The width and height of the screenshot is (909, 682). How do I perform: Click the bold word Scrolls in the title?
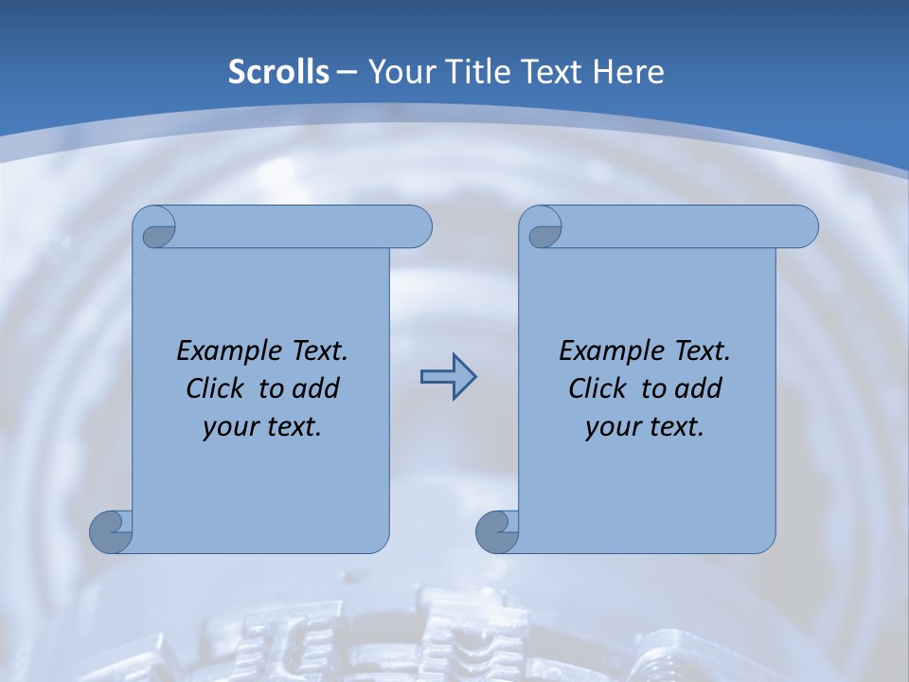(x=279, y=72)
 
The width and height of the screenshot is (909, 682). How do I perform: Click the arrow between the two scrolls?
(x=448, y=377)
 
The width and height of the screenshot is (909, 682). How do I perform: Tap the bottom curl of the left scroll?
(x=111, y=530)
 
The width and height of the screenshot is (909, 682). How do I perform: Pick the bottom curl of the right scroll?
(x=497, y=530)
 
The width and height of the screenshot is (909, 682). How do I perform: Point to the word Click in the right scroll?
(x=597, y=389)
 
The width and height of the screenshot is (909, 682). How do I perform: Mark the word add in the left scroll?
(x=317, y=389)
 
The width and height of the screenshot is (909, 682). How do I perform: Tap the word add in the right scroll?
(x=700, y=389)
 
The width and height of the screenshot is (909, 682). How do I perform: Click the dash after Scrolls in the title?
(x=347, y=72)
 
